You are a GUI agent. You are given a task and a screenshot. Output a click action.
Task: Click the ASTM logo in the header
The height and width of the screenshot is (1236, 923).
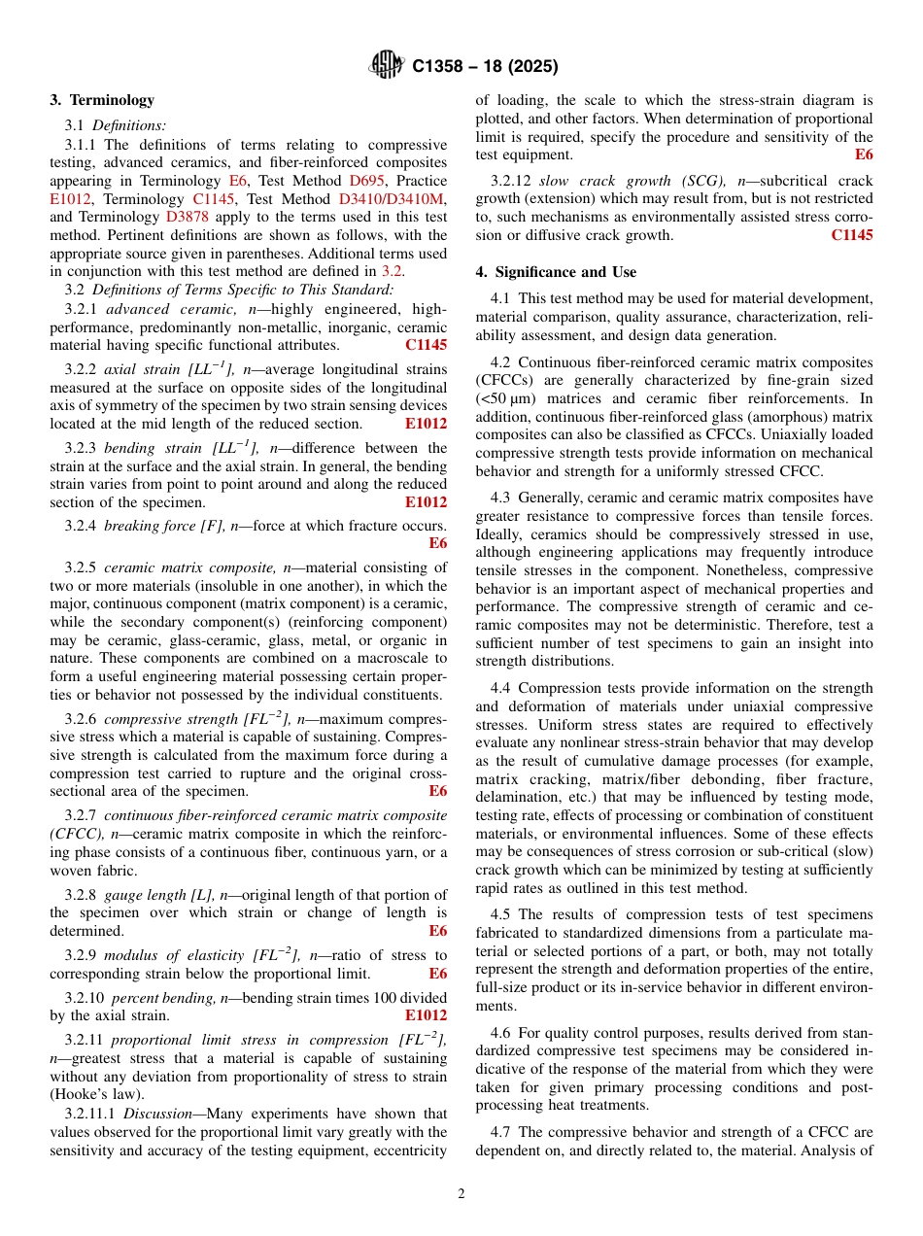pyautogui.click(x=388, y=66)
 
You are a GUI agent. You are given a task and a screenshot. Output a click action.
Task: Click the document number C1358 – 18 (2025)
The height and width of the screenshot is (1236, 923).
pyautogui.click(x=485, y=67)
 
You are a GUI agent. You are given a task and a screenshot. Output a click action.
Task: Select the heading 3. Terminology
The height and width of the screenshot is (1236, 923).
pyautogui.click(x=102, y=100)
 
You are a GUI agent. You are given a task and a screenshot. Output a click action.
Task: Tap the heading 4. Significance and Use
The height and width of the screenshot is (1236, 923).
pyautogui.click(x=556, y=272)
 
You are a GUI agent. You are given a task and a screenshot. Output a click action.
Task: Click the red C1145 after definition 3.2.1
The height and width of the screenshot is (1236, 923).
pyautogui.click(x=426, y=345)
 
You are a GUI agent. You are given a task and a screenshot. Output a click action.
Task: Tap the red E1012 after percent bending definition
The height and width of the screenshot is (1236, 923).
pyautogui.click(x=426, y=1015)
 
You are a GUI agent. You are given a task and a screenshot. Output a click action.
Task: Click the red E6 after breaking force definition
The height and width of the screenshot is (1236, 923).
pyautogui.click(x=437, y=543)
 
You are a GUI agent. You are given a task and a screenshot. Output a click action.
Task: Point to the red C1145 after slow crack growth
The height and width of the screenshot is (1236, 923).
pyautogui.click(x=851, y=235)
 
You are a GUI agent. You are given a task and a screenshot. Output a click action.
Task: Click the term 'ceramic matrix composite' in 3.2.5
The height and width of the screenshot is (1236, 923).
pyautogui.click(x=189, y=568)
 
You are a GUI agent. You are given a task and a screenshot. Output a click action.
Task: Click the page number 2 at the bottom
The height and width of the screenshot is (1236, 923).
pyautogui.click(x=461, y=1194)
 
